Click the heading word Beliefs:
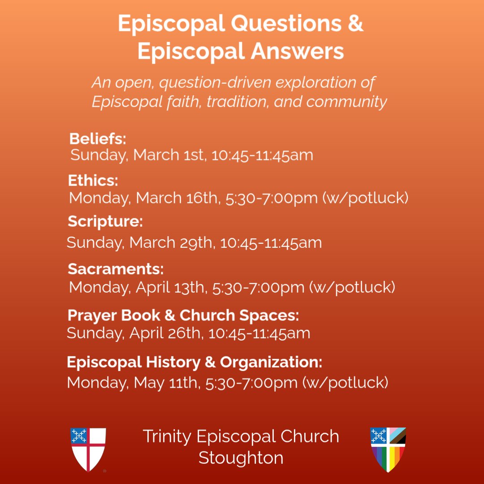coord(98,138)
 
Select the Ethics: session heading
coord(93,181)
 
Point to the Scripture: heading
coord(105,221)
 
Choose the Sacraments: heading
coord(116,269)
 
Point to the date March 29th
coord(173,242)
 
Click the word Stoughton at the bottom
coord(241,458)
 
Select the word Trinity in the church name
coord(167,436)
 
